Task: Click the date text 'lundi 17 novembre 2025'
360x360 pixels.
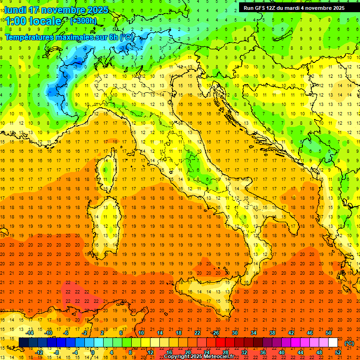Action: click(x=56, y=10)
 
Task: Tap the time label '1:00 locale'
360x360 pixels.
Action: click(x=33, y=21)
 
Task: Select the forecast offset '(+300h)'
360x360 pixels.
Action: click(x=83, y=21)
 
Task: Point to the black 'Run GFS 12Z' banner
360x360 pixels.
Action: click(x=294, y=7)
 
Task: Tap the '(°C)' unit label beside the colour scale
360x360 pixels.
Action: click(x=349, y=343)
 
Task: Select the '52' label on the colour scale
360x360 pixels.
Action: click(x=338, y=352)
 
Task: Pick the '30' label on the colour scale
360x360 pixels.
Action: click(x=235, y=332)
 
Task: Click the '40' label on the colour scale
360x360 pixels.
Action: click(x=282, y=352)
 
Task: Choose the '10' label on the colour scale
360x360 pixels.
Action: click(x=141, y=332)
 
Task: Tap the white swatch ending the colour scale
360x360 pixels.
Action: click(x=333, y=342)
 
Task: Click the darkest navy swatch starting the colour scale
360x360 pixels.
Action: click(x=24, y=342)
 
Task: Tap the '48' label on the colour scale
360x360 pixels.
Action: click(x=319, y=352)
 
